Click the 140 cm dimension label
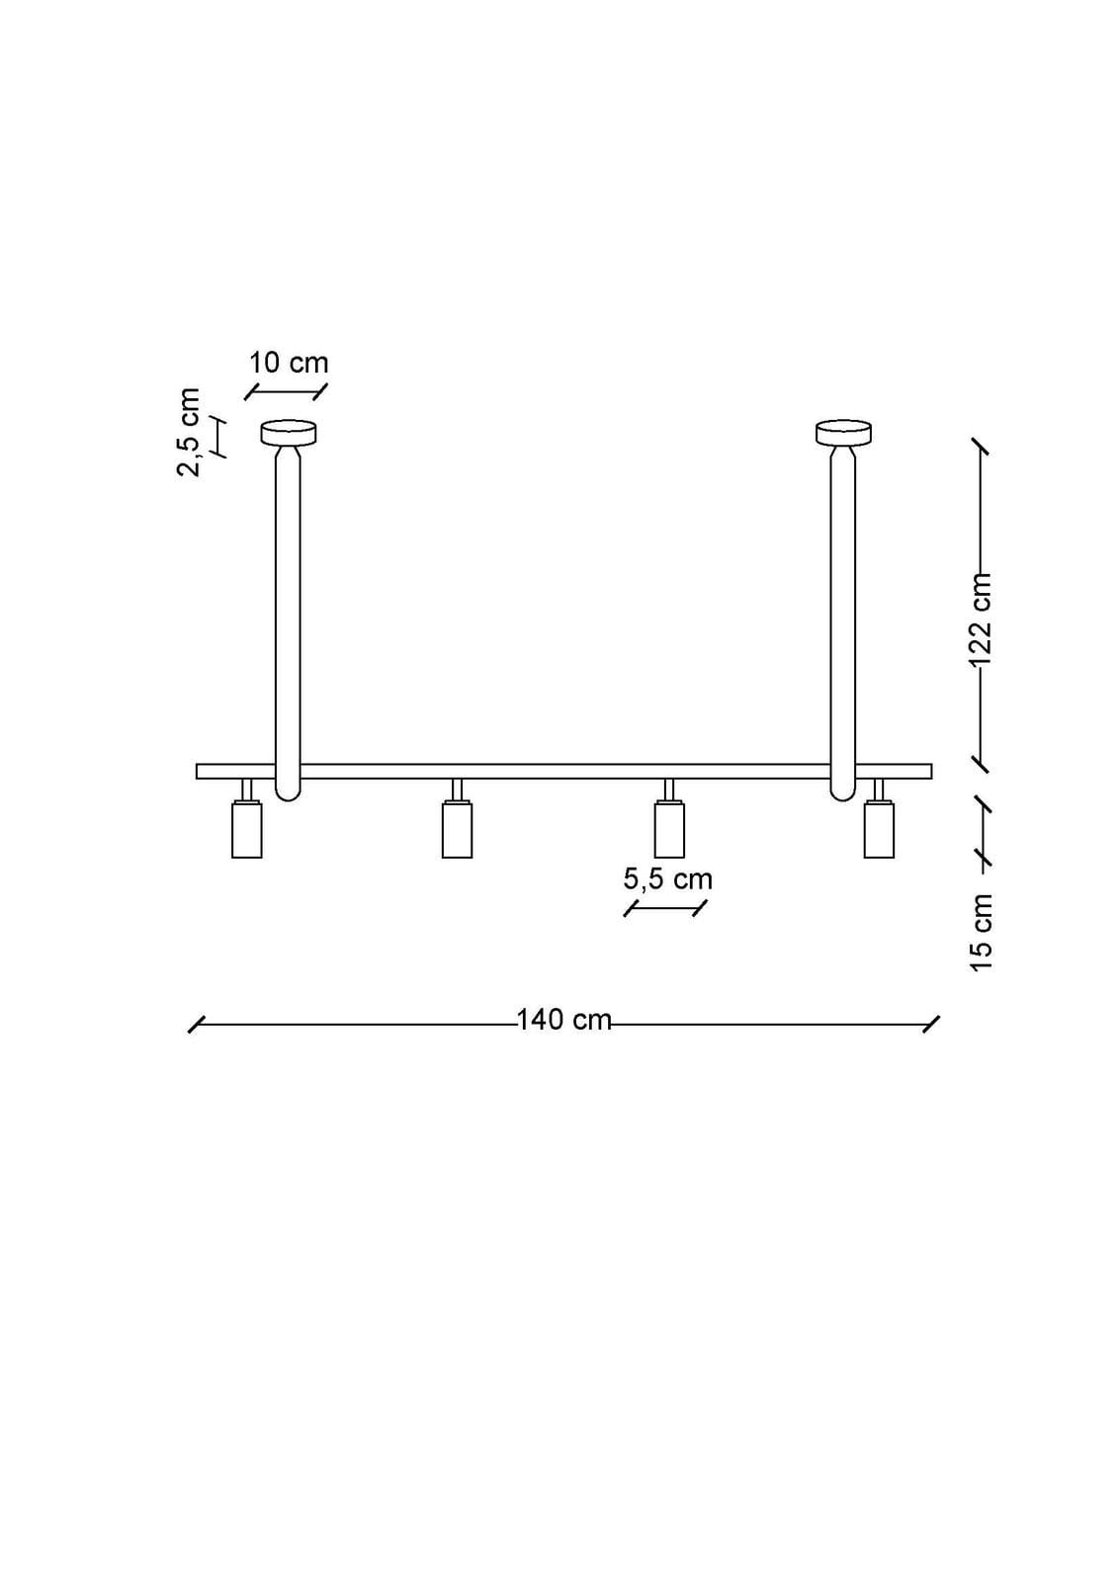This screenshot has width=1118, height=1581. click(563, 1020)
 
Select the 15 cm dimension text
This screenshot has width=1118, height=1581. click(981, 933)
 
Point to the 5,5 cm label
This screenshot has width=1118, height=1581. click(667, 879)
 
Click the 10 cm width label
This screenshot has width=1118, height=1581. click(289, 363)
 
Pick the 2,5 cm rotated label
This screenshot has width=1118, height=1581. click(189, 432)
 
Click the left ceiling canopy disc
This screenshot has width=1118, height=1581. click(289, 432)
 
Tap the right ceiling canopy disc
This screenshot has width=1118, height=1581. click(843, 432)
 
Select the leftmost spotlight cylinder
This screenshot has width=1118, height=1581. click(247, 829)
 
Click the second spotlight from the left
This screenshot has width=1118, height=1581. click(457, 829)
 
